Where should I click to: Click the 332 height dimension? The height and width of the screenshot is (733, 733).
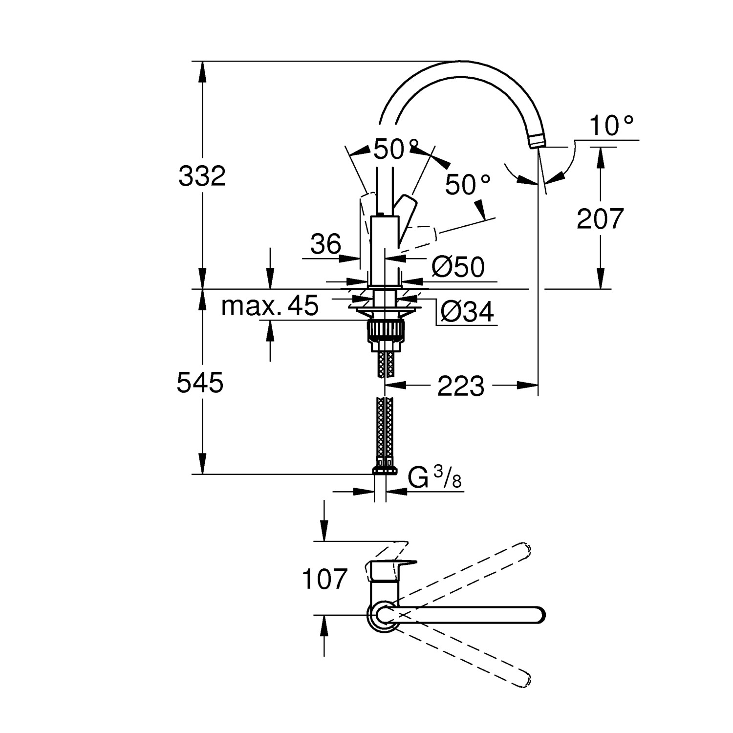(202, 176)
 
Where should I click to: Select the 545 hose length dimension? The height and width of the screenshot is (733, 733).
(200, 383)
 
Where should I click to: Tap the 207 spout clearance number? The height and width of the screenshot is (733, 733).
(600, 218)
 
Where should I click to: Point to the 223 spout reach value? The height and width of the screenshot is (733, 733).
(460, 386)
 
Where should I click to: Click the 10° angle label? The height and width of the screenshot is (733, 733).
(612, 126)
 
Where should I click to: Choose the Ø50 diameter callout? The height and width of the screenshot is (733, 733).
(458, 267)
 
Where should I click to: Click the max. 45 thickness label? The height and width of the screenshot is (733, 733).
(270, 306)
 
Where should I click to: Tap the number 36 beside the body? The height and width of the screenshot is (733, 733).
(326, 244)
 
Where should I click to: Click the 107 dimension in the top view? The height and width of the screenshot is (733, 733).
(324, 580)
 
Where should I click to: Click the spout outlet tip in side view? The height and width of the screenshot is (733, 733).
(536, 142)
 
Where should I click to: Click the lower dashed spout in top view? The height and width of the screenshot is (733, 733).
(469, 657)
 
